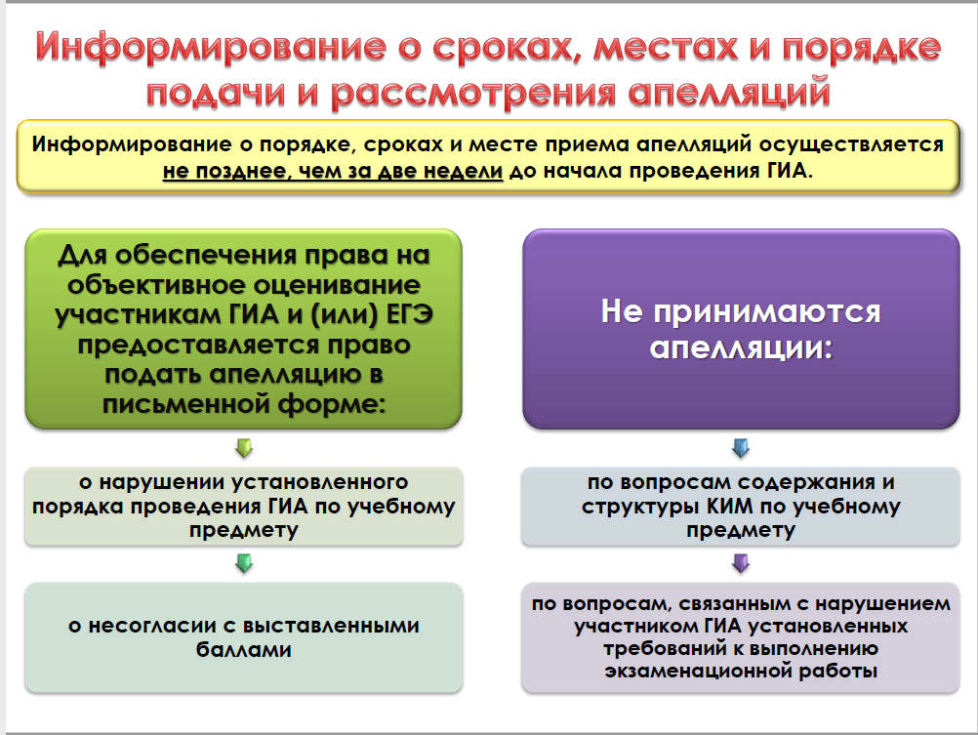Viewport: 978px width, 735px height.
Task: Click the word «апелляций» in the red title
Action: [729, 93]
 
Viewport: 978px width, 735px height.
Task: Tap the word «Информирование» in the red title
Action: [211, 48]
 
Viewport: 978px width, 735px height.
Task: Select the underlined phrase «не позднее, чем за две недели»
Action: [333, 171]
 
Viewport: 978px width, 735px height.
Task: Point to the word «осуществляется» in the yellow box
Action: [851, 144]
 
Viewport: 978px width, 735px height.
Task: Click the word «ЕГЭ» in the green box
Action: [410, 314]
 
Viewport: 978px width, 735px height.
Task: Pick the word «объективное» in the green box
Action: [154, 284]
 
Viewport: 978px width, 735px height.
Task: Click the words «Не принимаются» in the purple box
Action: [741, 310]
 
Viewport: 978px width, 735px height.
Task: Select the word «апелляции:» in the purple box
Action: [741, 347]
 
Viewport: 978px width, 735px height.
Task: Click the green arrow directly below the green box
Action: [244, 448]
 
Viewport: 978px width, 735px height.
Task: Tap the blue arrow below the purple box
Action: [741, 448]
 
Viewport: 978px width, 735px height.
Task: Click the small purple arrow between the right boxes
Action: [741, 564]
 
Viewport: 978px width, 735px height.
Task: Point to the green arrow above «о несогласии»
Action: [244, 563]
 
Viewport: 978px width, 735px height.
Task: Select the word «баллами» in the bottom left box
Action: [244, 649]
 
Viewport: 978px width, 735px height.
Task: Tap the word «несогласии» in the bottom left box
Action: [153, 625]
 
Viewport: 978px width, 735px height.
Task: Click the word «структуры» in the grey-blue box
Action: [640, 506]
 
